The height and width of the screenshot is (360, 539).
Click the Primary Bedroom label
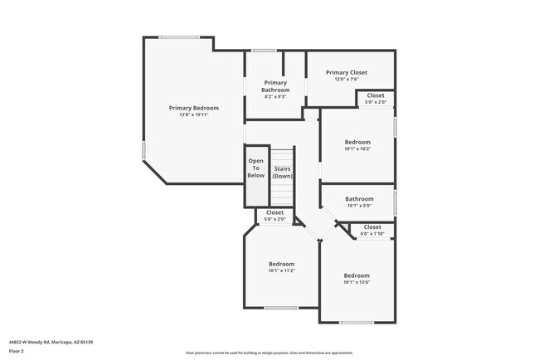point(194,108)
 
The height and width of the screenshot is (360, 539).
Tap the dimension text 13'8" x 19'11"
point(194,114)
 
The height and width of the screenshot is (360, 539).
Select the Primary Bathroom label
point(275,86)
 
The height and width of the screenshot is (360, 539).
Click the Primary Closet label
point(347,72)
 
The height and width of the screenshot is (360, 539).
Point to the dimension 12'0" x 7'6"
point(347,79)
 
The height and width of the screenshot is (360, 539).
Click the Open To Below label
point(256,168)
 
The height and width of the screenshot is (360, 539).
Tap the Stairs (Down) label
point(283,172)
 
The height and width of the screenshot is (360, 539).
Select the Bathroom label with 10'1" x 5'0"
point(359,199)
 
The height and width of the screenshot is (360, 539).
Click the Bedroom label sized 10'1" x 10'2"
point(357,142)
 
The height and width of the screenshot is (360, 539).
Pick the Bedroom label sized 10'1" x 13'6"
point(357,275)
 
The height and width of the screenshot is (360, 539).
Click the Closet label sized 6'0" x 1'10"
point(372,226)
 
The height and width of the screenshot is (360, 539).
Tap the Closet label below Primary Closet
point(376,95)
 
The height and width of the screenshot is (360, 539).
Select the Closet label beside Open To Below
point(274,212)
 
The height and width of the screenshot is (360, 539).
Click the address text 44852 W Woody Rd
point(51,341)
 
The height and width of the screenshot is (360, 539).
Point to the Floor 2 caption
point(17,351)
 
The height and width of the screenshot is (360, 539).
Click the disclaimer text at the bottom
point(269,352)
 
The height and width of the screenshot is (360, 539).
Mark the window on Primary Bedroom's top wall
point(179,37)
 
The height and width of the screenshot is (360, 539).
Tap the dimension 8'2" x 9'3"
point(275,97)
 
